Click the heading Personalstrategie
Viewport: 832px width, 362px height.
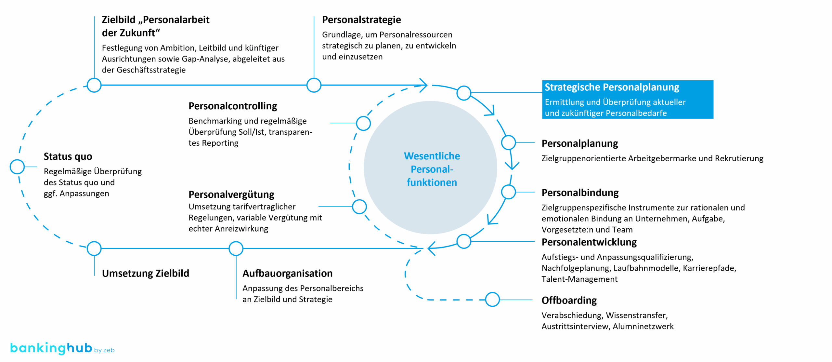pos(361,20)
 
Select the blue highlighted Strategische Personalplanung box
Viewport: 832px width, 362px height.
pos(627,99)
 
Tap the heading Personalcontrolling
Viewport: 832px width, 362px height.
pos(233,106)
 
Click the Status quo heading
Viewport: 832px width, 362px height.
pos(68,156)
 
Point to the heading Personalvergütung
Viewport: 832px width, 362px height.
pos(231,194)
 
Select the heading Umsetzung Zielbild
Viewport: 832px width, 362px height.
pos(145,273)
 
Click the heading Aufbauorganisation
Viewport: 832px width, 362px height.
pos(287,273)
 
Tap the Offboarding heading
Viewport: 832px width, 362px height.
pos(569,300)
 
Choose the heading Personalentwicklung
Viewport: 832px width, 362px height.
pos(589,242)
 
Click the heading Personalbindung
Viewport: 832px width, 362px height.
pos(580,193)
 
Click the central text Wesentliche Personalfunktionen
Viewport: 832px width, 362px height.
pos(432,169)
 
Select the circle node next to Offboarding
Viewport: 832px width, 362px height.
pos(492,299)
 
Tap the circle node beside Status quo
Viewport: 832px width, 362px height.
pos(17,167)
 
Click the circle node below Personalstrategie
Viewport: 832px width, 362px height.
pos(314,85)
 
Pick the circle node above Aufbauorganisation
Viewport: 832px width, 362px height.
pos(236,248)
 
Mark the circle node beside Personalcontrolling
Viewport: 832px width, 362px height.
pos(363,123)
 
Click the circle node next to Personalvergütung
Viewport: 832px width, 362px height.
pos(359,207)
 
